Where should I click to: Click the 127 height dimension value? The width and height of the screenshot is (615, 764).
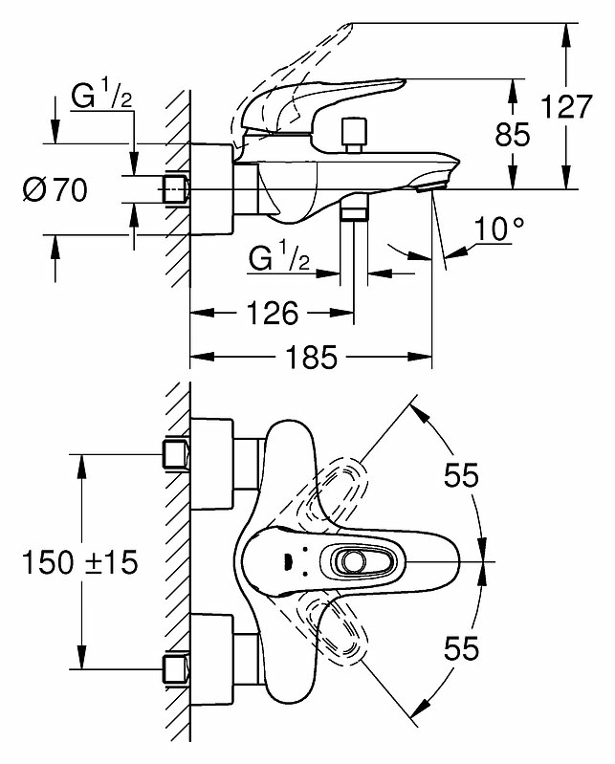tap(567, 107)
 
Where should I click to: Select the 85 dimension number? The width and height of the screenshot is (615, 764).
tap(512, 135)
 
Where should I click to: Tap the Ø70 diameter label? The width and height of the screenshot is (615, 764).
tap(55, 189)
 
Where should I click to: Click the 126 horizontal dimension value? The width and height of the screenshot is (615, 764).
tap(273, 313)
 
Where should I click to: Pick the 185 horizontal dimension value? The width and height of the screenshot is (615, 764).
tap(311, 357)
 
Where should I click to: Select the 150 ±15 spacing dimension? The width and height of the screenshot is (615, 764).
tap(80, 562)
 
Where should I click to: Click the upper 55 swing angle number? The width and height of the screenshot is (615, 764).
tap(461, 474)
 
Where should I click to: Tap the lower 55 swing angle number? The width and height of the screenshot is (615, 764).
tap(461, 648)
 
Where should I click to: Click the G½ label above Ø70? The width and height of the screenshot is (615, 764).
tap(101, 96)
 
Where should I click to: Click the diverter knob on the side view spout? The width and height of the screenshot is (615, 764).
tap(353, 135)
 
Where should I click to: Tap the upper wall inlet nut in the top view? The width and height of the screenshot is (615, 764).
tap(175, 454)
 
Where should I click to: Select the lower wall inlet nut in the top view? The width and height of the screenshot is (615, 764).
tap(175, 669)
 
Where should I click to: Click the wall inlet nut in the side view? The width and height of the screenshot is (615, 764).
tap(174, 189)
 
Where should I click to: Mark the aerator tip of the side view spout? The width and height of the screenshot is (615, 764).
tap(430, 186)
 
